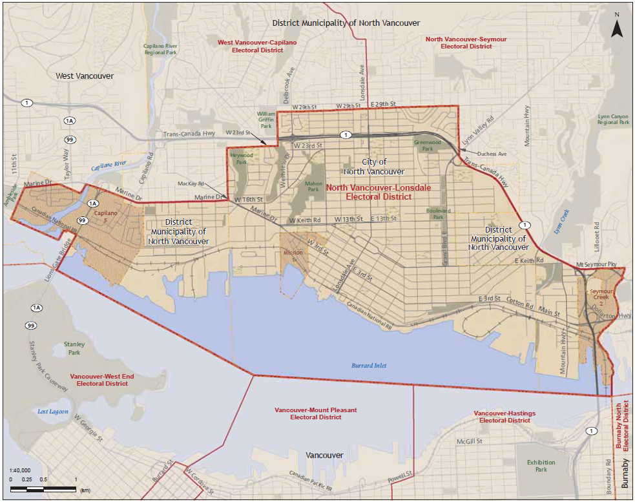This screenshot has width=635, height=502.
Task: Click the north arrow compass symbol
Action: pyautogui.click(x=616, y=26)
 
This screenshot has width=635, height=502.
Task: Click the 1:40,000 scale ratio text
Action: pyautogui.click(x=20, y=470)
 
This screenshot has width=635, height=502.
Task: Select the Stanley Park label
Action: pyautogui.click(x=74, y=349)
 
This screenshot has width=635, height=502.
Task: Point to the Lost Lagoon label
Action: pyautogui.click(x=53, y=411)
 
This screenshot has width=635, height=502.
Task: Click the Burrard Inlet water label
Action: pyautogui.click(x=369, y=366)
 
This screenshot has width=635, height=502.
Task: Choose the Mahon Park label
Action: pyautogui.click(x=313, y=186)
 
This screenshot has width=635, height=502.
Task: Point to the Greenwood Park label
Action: pyautogui.click(x=427, y=145)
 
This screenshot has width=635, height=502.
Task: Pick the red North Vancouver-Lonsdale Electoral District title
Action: pyautogui.click(x=378, y=193)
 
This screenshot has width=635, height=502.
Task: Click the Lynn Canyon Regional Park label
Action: pyautogui.click(x=612, y=119)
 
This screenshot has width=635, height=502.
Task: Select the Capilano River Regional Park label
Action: pyautogui.click(x=160, y=50)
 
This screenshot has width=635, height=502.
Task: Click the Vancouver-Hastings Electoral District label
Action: pyautogui.click(x=505, y=417)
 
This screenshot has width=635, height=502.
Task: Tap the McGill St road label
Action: pyautogui.click(x=470, y=441)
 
